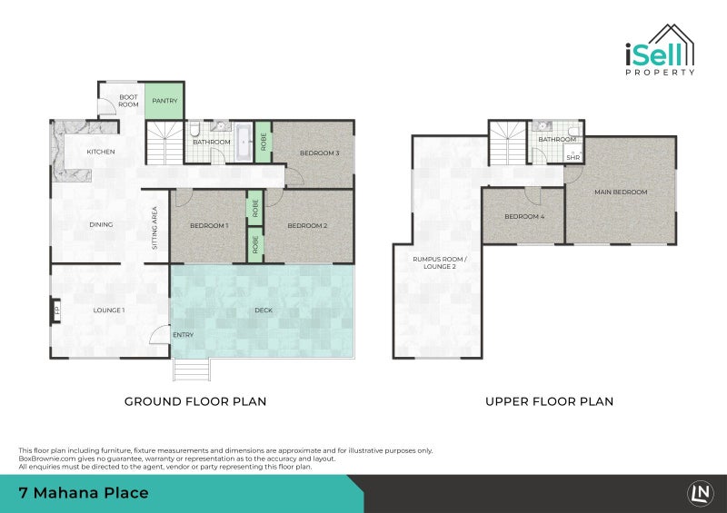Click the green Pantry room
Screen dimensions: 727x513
pyautogui.click(x=164, y=101)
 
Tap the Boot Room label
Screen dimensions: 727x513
pyautogui.click(x=128, y=101)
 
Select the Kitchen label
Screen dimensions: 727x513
pyautogui.click(x=101, y=152)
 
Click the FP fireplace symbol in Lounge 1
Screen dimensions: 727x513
pyautogui.click(x=56, y=310)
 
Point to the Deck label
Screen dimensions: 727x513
pyautogui.click(x=264, y=310)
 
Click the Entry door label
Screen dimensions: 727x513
pyautogui.click(x=184, y=335)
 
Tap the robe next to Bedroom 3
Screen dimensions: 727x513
pyautogui.click(x=264, y=142)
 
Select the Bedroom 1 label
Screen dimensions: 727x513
pyautogui.click(x=209, y=226)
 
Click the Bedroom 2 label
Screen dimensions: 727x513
pyautogui.click(x=307, y=226)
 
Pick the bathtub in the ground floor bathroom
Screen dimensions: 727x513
pyautogui.click(x=244, y=142)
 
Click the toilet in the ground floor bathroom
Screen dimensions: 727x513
pyautogui.click(x=195, y=128)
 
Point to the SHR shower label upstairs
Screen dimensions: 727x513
pyautogui.click(x=573, y=158)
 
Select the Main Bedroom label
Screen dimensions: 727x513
pyautogui.click(x=621, y=192)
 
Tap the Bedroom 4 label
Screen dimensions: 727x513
pyautogui.click(x=524, y=216)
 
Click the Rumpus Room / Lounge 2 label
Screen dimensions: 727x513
pyautogui.click(x=440, y=262)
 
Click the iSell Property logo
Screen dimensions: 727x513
pyautogui.click(x=660, y=50)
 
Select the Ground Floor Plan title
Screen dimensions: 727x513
pyautogui.click(x=195, y=401)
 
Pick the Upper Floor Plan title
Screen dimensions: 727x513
pyautogui.click(x=550, y=401)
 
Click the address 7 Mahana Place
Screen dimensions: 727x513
pyautogui.click(x=84, y=493)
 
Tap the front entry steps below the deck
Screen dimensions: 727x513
pyautogui.click(x=192, y=370)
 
